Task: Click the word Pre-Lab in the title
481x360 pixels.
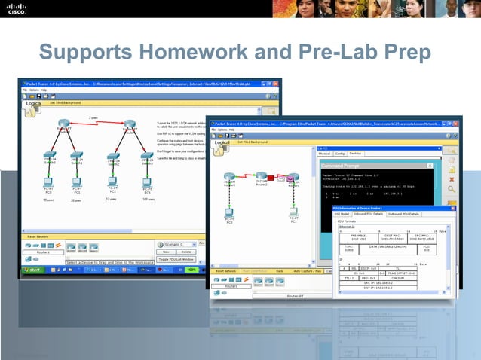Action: [x=349, y=54]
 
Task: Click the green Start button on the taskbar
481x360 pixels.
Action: [x=34, y=269]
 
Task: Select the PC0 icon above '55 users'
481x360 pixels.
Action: [x=48, y=184]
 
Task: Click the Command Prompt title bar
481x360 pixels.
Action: [x=354, y=164]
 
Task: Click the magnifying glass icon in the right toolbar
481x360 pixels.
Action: [x=452, y=188]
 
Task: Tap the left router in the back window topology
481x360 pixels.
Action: [x=64, y=124]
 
